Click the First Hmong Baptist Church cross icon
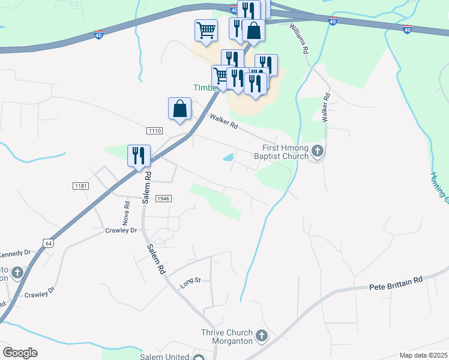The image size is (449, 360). (x=318, y=152)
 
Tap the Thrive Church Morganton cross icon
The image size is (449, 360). (x=262, y=336)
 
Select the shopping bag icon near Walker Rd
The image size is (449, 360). (x=179, y=109)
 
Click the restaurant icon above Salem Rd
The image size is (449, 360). (x=139, y=155)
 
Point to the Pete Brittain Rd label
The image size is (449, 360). (x=396, y=280)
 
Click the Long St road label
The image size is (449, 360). (x=188, y=280)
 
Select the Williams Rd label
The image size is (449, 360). (x=298, y=39)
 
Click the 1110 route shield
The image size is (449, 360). (x=154, y=130)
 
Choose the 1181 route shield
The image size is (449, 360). (x=81, y=187)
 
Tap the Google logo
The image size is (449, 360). (x=20, y=353)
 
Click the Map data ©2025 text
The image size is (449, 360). (x=423, y=355)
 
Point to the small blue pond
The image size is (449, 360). (x=229, y=158)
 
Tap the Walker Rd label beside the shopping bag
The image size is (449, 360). (x=224, y=122)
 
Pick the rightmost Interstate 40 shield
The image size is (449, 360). (x=408, y=28)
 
